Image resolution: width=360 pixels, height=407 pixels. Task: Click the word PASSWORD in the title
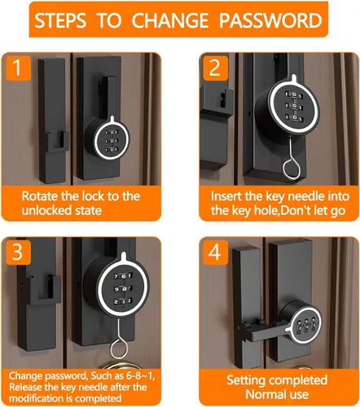[270, 20]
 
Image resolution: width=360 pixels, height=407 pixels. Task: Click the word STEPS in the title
[60, 20]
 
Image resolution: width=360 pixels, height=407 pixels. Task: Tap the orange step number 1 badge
[17, 68]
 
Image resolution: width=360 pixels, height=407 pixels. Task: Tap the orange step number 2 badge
[215, 68]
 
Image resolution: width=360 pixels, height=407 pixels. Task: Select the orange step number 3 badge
[18, 252]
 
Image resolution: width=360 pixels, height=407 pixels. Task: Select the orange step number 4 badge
[215, 252]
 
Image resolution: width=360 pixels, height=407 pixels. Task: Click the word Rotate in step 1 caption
[40, 196]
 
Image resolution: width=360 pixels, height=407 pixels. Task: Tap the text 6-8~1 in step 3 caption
[141, 376]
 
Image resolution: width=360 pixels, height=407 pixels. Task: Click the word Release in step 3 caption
[24, 387]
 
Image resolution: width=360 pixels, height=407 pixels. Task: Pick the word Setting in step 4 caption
[246, 380]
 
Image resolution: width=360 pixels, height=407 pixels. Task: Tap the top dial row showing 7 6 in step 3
[123, 276]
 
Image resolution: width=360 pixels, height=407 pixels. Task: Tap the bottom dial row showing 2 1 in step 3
[123, 301]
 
